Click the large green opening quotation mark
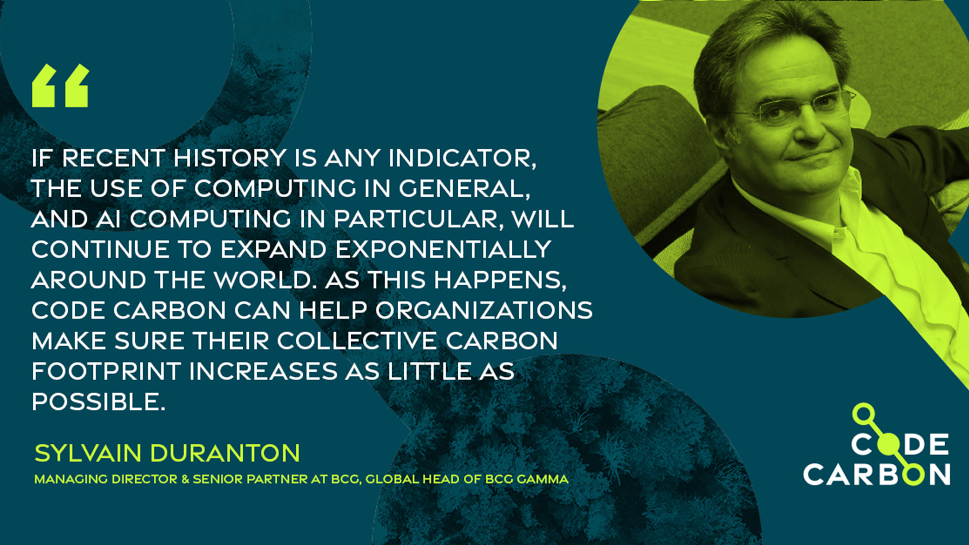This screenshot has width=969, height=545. [x=61, y=85]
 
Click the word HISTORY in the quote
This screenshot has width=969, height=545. [x=230, y=158]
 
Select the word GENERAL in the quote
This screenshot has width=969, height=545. [x=464, y=189]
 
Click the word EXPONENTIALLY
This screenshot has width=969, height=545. [x=443, y=250]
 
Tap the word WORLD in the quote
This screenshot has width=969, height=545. [x=262, y=280]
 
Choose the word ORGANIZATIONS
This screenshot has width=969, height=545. [x=484, y=310]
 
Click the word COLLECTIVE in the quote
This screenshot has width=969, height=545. [x=357, y=341]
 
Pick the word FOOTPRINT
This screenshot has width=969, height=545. [x=106, y=371]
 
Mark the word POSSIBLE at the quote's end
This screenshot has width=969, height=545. [x=99, y=402]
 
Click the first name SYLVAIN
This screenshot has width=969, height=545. [x=88, y=453]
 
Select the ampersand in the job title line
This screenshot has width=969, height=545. [x=185, y=479]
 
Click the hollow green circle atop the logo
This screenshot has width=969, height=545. [x=864, y=413]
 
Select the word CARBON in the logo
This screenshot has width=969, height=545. [x=877, y=474]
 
